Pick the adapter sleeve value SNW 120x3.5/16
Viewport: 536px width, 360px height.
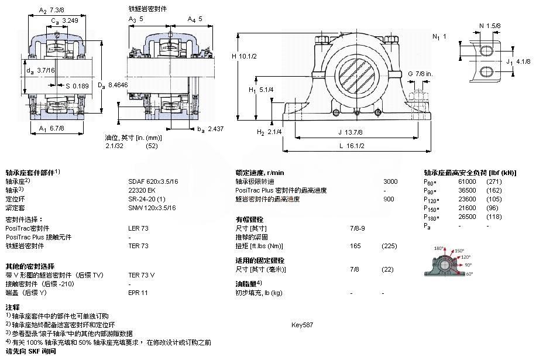click(x=152, y=207)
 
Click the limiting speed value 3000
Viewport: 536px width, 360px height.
click(x=390, y=181)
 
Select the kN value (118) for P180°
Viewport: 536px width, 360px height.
click(x=494, y=217)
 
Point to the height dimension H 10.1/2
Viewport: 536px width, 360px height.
click(x=245, y=56)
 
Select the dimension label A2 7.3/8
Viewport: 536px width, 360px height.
click(x=51, y=11)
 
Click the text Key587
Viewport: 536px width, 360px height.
click(x=303, y=324)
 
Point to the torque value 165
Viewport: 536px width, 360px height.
click(x=355, y=246)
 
